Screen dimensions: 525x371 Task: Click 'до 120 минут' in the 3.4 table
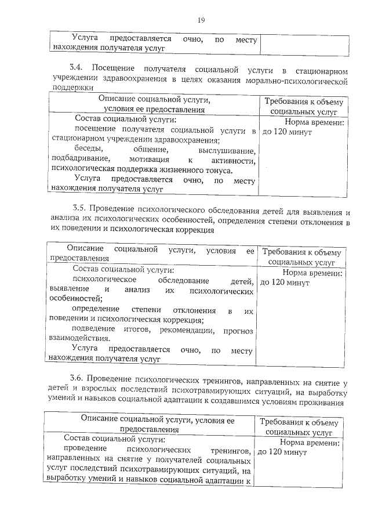click(287, 132)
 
